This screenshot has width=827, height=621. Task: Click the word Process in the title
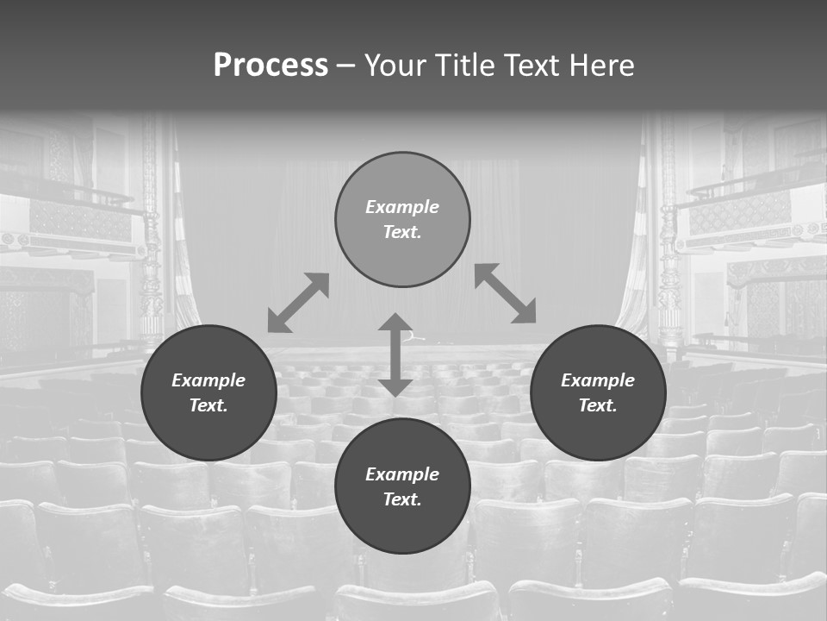[270, 66]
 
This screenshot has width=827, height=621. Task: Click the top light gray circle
[402, 219]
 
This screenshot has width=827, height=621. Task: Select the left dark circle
[208, 392]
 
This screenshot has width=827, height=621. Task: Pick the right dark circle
[598, 392]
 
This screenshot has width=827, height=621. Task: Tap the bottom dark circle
[402, 486]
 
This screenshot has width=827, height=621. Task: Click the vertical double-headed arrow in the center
[395, 354]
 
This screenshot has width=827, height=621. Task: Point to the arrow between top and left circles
[298, 303]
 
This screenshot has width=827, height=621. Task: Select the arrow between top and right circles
[506, 293]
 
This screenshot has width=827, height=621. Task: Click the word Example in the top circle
[402, 207]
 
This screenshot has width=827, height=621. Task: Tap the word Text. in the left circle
[208, 405]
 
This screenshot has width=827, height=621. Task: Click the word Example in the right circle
[598, 380]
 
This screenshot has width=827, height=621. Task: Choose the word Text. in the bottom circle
[402, 499]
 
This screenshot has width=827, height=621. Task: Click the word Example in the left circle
[208, 380]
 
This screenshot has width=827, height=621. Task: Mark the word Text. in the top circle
[402, 232]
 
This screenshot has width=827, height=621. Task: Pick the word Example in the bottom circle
[402, 474]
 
